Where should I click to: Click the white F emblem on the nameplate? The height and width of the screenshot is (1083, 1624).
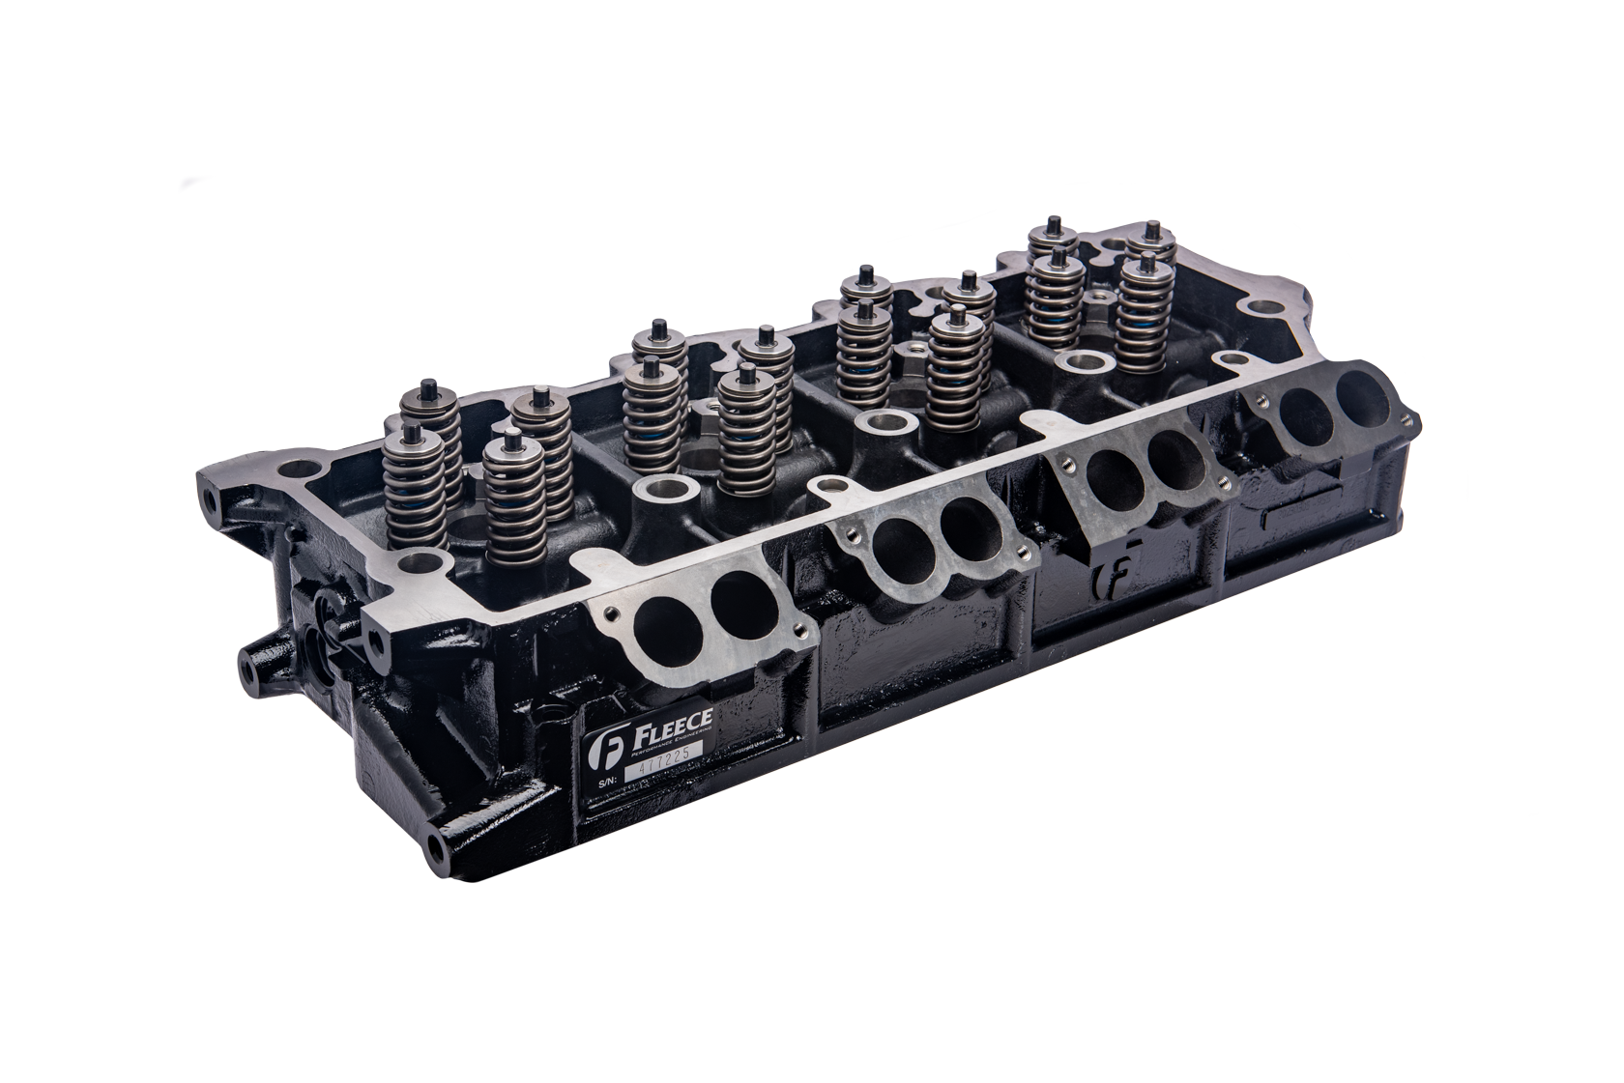click(600, 749)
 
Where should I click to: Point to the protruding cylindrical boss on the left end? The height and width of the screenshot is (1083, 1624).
click(254, 658)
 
